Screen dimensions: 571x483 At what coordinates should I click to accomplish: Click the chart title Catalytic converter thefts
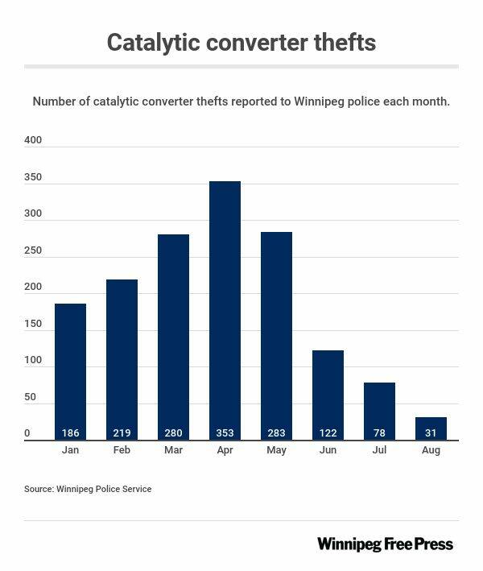point(242,42)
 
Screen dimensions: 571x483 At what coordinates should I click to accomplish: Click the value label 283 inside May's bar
point(276,433)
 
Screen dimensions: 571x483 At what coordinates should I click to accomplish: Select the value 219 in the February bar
point(122,433)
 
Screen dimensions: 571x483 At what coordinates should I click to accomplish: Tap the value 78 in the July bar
point(379,433)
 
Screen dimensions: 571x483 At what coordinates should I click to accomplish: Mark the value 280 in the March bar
point(173,433)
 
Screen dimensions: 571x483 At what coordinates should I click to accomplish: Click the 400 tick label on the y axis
point(33,140)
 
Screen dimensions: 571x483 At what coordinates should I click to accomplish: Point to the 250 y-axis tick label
point(33,250)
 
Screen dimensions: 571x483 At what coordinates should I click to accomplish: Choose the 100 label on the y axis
point(33,361)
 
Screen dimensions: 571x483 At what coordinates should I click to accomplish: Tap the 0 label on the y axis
point(27,434)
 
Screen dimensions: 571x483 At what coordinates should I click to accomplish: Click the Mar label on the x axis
point(173,450)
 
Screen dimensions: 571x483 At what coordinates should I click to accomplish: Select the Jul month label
point(379,450)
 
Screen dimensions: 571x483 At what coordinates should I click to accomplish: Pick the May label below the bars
point(276,450)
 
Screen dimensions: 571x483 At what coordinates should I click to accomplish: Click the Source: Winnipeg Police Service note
point(88,489)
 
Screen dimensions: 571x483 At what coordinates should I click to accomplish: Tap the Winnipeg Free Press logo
point(385,544)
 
